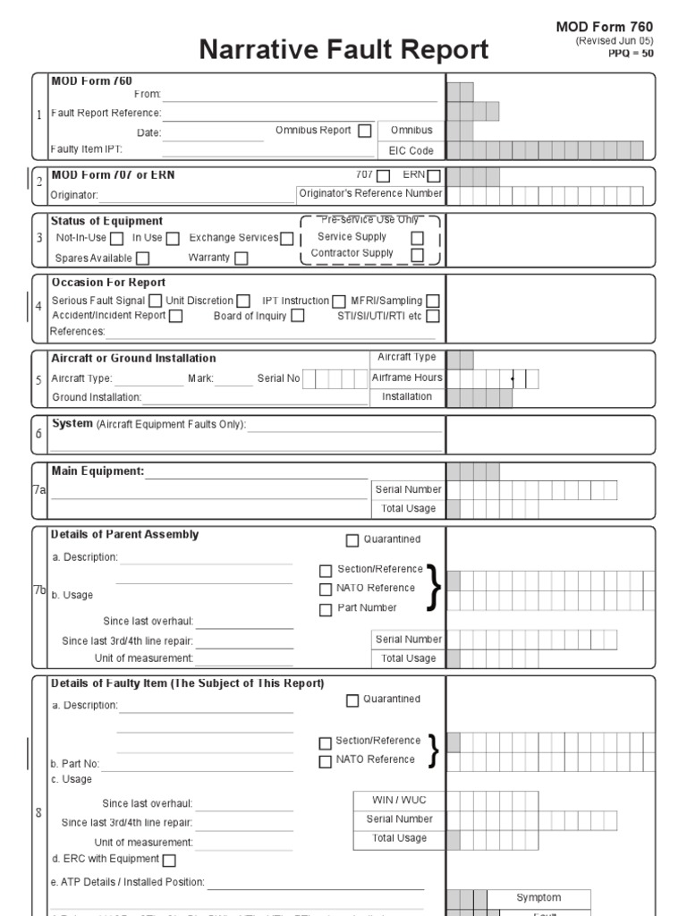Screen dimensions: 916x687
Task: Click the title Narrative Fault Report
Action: pos(343,49)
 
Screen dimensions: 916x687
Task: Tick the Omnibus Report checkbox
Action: pos(364,131)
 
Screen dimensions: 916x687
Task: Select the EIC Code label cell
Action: pos(411,150)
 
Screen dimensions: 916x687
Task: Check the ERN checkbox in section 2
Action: pos(434,176)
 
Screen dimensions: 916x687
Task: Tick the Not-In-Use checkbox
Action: pos(117,239)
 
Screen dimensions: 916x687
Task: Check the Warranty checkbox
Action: pos(241,259)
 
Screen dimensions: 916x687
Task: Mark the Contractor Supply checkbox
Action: pos(417,255)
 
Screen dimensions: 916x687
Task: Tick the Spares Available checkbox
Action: pos(142,259)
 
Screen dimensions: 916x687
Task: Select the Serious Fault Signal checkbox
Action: pos(155,301)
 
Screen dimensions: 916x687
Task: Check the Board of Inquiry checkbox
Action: pos(298,316)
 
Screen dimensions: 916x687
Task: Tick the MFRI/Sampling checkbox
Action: pos(433,301)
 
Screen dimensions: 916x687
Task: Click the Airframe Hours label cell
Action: pos(407,377)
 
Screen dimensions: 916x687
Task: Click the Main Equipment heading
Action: pos(98,471)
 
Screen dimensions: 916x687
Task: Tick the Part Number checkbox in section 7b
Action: pos(326,609)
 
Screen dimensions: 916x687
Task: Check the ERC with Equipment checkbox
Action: pos(169,861)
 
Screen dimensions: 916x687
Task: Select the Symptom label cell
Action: pos(539,897)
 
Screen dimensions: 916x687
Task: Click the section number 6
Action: pos(38,433)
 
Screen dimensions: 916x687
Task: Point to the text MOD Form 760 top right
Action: pos(605,28)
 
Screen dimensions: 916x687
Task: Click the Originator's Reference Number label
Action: pos(370,193)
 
